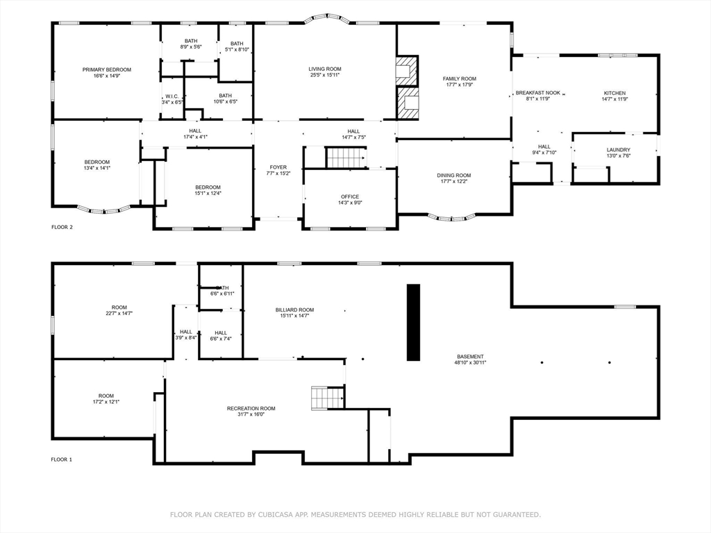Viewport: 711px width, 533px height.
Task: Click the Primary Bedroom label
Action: [x=106, y=70]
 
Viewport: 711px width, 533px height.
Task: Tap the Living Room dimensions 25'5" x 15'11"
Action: [x=325, y=75]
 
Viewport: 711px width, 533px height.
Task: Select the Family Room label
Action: [x=460, y=79]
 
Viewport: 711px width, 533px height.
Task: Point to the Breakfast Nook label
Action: [x=538, y=93]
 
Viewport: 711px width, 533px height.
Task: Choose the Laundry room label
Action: [x=619, y=150]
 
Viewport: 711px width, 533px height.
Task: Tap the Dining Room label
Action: [x=454, y=176]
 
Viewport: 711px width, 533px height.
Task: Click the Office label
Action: [x=350, y=196]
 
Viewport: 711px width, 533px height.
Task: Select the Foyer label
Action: [x=278, y=167]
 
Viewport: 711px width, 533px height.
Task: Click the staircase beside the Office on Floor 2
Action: [x=346, y=158]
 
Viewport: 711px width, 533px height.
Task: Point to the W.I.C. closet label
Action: [x=172, y=96]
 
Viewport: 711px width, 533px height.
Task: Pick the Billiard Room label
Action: [x=294, y=310]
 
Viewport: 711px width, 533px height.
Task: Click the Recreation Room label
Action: [x=251, y=408]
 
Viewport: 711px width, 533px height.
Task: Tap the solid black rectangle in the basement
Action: [x=413, y=322]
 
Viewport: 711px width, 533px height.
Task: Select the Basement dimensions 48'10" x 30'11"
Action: [x=470, y=362]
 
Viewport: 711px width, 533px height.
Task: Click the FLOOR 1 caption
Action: [x=61, y=459]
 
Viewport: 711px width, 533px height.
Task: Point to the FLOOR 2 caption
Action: [x=62, y=227]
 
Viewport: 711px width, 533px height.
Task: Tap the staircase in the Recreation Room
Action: [x=327, y=398]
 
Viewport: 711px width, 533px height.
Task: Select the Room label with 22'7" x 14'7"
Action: [x=119, y=307]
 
